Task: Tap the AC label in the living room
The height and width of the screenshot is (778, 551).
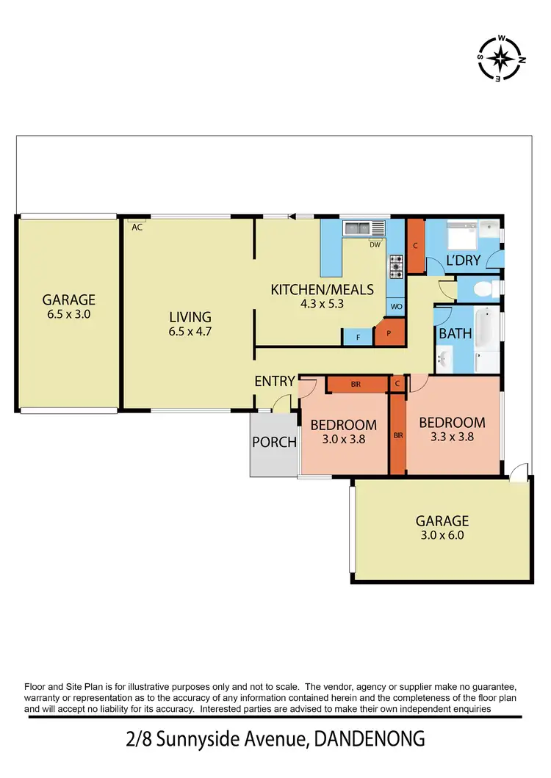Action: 137,227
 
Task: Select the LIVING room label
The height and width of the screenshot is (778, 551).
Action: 190,317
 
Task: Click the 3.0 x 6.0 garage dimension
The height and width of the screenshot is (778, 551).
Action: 442,535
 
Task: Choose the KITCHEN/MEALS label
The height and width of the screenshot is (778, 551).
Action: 323,289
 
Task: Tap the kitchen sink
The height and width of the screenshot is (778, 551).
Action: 358,228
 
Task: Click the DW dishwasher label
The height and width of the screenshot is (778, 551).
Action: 375,244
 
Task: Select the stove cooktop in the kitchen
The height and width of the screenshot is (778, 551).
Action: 396,266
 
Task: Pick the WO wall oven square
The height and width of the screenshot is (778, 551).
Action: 395,307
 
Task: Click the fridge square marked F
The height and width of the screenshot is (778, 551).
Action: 358,337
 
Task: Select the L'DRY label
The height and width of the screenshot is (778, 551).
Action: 464,261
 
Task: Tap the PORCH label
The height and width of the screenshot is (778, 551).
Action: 274,442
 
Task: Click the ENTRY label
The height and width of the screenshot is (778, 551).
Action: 275,381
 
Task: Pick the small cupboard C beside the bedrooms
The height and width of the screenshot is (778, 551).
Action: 397,382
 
